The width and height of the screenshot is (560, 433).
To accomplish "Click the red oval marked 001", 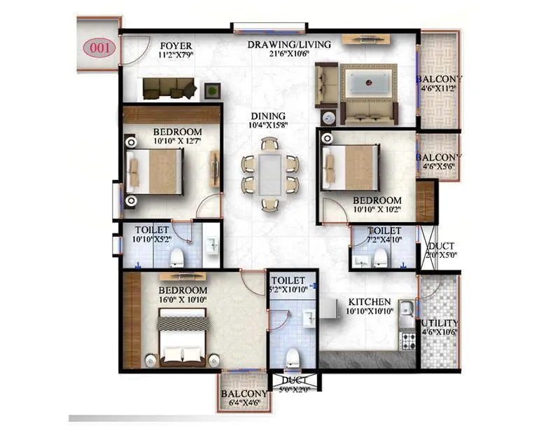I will pyautogui.click(x=99, y=48).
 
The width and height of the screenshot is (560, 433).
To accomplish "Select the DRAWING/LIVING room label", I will pyautogui.click(x=289, y=45).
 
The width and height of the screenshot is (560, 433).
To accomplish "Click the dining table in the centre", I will pyautogui.click(x=269, y=174).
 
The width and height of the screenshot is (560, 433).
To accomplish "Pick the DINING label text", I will pyautogui.click(x=269, y=116).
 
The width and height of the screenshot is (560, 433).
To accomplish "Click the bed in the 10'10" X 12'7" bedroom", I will pyautogui.click(x=156, y=172).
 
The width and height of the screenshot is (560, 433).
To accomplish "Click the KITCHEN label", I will pyautogui.click(x=370, y=302).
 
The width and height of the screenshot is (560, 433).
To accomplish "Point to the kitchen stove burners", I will pyautogui.click(x=407, y=341).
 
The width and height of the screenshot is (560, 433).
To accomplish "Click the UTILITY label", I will pyautogui.click(x=440, y=322).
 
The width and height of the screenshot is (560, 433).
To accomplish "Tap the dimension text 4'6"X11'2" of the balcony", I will pyautogui.click(x=439, y=89).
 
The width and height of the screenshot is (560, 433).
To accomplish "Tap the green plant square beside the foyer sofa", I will pyautogui.click(x=211, y=90).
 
